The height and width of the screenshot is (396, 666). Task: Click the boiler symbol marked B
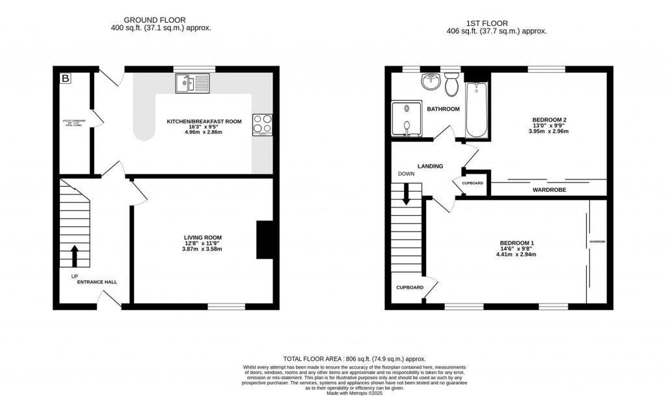65,79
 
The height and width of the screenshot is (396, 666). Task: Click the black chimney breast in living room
264,240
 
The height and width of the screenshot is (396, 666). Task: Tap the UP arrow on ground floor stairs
73,256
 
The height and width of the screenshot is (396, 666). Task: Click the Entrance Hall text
97,282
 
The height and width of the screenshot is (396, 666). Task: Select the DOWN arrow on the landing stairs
407,194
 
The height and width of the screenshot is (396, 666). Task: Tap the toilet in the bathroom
451,83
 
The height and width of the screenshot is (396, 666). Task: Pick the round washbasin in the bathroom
429,81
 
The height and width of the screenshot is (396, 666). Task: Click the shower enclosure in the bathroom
407,120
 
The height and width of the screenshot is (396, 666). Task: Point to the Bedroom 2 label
550,120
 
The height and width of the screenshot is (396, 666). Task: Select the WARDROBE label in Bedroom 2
549,190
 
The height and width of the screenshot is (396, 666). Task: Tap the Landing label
430,166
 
